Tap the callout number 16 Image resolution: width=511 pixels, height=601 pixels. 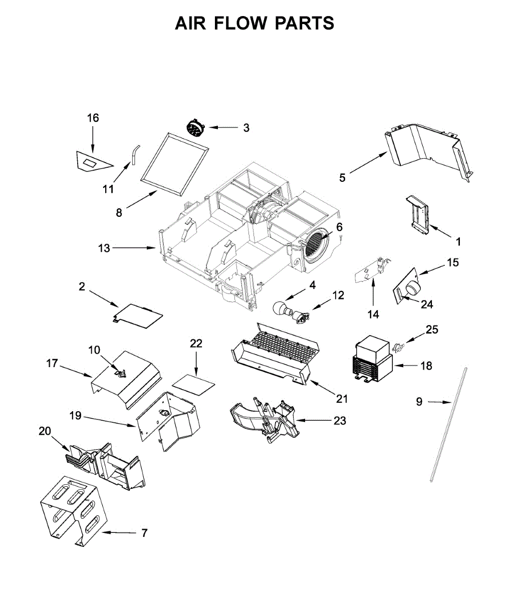point(93,118)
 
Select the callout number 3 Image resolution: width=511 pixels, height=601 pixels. point(246,128)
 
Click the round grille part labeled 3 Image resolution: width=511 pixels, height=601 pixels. point(194,128)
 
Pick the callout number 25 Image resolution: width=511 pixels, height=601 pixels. point(432,330)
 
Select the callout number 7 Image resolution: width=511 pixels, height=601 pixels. point(144,533)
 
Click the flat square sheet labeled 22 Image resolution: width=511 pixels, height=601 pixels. point(193,383)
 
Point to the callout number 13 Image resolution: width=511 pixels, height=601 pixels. point(104,248)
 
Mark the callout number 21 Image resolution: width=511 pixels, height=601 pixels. point(342,399)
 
